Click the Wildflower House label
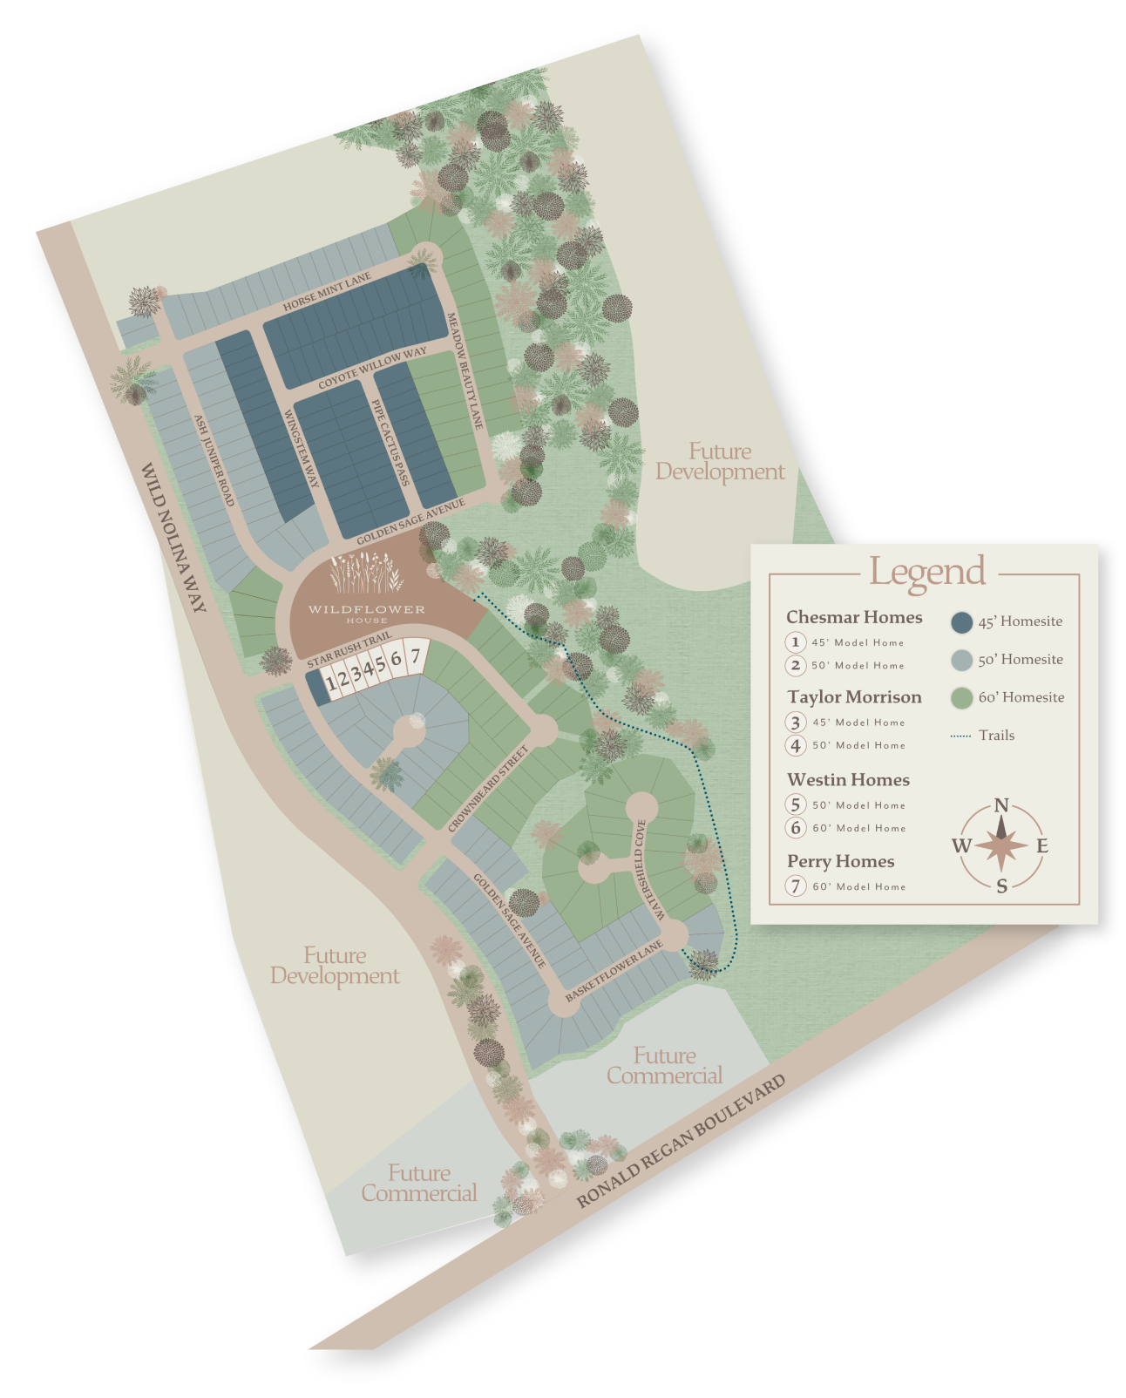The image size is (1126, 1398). click(x=367, y=610)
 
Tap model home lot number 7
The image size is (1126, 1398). click(x=416, y=655)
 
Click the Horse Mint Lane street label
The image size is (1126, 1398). click(x=327, y=291)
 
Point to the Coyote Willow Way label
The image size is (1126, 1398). click(x=372, y=368)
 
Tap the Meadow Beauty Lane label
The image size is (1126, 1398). click(x=464, y=370)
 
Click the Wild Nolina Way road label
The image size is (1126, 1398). click(x=173, y=537)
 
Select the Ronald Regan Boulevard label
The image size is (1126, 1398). click(x=681, y=1140)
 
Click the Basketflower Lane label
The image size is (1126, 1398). click(x=614, y=970)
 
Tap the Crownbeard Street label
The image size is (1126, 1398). click(x=488, y=789)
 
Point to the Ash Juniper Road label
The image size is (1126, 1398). click(x=214, y=459)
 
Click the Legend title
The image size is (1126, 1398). click(x=927, y=572)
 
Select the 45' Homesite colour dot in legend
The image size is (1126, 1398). click(x=961, y=621)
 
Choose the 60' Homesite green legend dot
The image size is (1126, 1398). click(x=961, y=697)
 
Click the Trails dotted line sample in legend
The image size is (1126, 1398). click(x=960, y=736)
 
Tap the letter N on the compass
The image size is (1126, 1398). click(x=1001, y=806)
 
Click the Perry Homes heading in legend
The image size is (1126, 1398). click(x=840, y=861)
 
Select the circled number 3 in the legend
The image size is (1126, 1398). click(x=795, y=722)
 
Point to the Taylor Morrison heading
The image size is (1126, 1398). click(x=854, y=696)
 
